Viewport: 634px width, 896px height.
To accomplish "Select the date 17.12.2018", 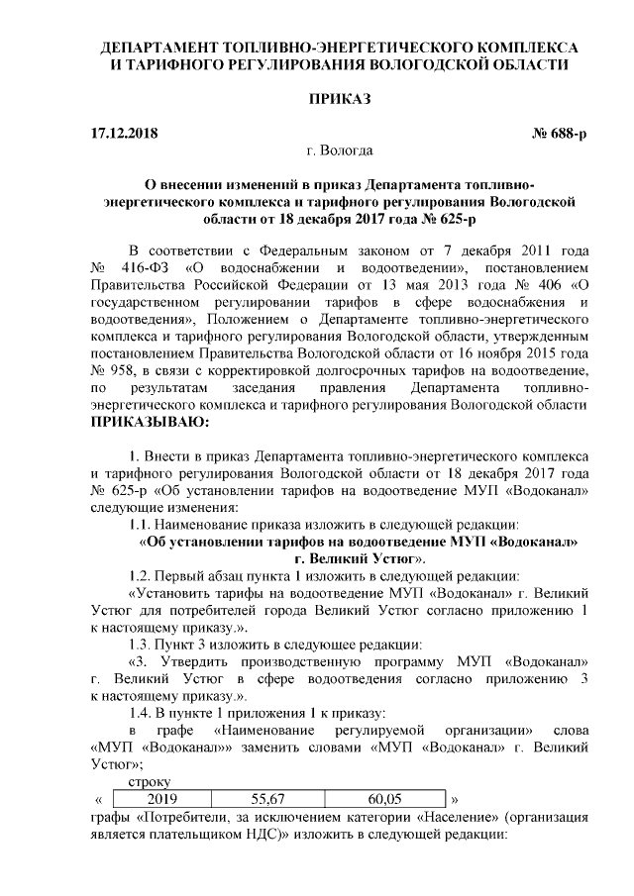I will coord(122,133).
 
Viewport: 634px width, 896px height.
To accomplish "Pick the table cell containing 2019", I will coord(161,798).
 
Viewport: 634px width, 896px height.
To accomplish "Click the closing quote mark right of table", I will coord(455,798).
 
